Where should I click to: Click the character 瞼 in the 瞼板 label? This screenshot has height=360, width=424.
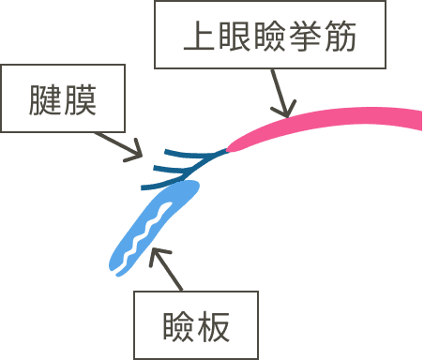click(174, 326)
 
